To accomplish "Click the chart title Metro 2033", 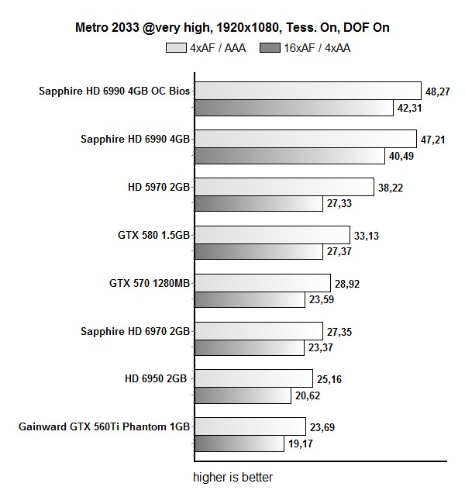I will (232, 28).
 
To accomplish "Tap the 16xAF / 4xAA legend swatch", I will (272, 47).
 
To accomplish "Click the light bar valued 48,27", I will (306, 91).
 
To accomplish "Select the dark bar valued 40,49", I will (288, 157).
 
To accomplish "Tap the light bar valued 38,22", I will (283, 187).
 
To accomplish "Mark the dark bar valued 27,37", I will (257, 253).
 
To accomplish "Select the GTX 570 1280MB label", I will (150, 283).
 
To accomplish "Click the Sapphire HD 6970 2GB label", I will (136, 332).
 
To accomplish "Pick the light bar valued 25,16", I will (249, 379).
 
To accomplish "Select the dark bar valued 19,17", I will (238, 444).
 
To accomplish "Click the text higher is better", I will (232, 478).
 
